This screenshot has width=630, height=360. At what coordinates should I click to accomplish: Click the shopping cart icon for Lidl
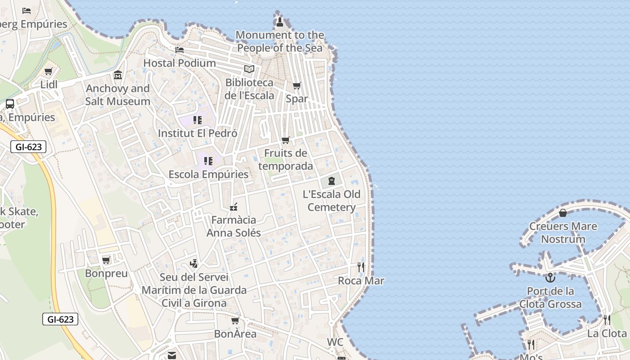click(x=49, y=71)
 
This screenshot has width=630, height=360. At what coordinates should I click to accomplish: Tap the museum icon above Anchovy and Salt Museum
click(x=118, y=75)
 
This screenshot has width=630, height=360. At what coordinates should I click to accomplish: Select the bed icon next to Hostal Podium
click(x=180, y=49)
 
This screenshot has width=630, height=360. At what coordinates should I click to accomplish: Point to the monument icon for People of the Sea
click(x=279, y=22)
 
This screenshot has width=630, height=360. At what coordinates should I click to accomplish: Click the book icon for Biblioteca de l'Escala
click(x=249, y=69)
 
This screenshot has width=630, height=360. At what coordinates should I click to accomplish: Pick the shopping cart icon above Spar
click(x=297, y=85)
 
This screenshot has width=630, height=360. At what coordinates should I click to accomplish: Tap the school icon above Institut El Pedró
click(x=198, y=120)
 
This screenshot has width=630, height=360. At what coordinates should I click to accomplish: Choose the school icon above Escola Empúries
click(x=208, y=161)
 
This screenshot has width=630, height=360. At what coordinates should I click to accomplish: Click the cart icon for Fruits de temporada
click(x=286, y=140)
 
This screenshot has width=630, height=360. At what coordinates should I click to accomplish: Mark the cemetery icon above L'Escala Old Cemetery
click(x=332, y=181)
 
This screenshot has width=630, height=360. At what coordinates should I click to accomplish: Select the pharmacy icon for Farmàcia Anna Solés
click(x=234, y=207)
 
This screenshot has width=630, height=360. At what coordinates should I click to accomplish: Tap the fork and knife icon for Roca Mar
click(x=361, y=267)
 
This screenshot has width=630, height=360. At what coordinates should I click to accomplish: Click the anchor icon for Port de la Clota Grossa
click(x=550, y=278)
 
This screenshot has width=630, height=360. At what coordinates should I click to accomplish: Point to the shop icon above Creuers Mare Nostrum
click(x=563, y=213)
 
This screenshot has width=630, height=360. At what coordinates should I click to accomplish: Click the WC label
click(x=335, y=342)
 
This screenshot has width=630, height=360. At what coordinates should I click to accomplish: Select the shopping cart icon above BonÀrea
click(x=235, y=320)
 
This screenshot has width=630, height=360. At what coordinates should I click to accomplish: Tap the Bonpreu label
click(x=106, y=274)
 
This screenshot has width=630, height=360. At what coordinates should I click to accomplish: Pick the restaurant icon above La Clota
click(x=607, y=320)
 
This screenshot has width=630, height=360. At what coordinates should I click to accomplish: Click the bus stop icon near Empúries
click(x=10, y=104)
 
